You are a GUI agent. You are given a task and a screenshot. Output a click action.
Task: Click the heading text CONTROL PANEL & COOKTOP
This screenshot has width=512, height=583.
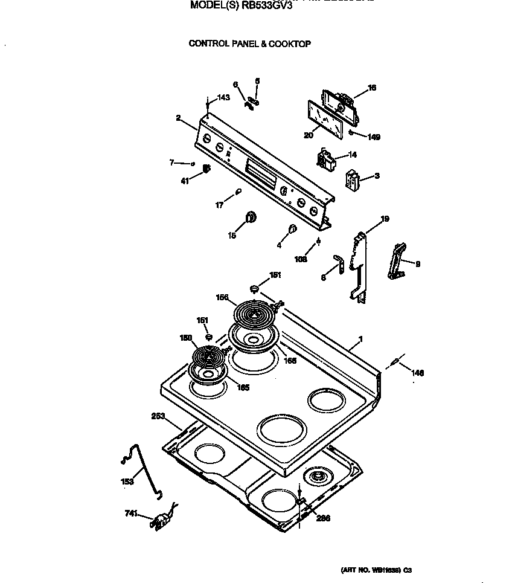tap(250, 43)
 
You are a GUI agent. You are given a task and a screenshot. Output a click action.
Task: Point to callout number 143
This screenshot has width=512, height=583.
tap(223, 98)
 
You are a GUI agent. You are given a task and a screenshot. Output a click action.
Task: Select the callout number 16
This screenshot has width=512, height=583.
tap(372, 88)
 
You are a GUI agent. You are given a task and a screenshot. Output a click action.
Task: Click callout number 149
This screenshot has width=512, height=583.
tap(374, 137)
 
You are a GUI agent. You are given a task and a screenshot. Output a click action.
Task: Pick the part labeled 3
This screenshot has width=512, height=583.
tap(351, 180)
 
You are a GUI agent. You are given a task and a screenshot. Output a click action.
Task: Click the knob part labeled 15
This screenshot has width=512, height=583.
tap(250, 218)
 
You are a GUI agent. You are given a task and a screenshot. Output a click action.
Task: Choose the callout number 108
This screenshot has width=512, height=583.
tap(301, 259)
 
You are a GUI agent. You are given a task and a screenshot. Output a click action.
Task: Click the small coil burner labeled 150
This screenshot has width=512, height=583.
tap(209, 356)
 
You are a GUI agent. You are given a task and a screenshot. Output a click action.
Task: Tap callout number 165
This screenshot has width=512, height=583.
tap(243, 387)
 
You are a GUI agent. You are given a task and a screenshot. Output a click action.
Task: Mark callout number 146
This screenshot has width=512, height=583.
tap(418, 373)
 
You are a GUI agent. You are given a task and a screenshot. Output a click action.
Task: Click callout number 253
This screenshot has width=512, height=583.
tap(158, 416)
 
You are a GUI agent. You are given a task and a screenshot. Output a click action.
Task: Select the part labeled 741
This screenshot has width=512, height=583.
tap(161, 520)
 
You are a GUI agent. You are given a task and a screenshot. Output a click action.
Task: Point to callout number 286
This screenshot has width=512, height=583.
tap(324, 518)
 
